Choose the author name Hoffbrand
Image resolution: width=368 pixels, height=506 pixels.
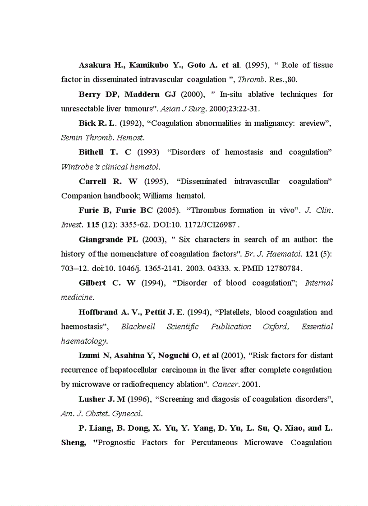coord(98,312)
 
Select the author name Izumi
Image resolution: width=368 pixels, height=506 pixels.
coord(89,356)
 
